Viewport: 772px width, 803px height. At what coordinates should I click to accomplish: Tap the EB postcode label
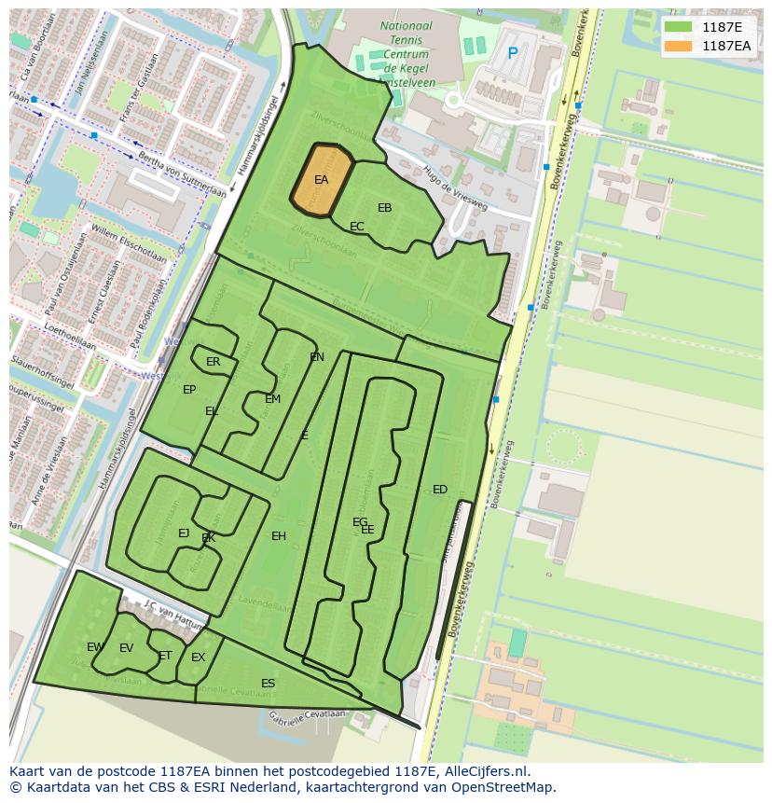tap(384, 208)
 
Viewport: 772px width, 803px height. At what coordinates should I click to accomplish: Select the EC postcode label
tap(356, 227)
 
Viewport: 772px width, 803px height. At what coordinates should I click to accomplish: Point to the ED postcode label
tap(440, 490)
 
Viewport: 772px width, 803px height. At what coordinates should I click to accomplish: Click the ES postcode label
tap(268, 684)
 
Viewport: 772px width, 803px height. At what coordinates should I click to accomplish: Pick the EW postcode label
tap(94, 647)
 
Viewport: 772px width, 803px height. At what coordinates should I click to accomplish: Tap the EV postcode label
tap(127, 648)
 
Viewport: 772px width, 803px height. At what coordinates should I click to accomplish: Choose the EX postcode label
tap(198, 658)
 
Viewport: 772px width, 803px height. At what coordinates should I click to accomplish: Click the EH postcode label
tap(279, 536)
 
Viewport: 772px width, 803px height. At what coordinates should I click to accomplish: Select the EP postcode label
tap(189, 390)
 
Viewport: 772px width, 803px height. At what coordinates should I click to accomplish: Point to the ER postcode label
tap(214, 362)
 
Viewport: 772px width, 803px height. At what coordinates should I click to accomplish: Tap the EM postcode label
tap(272, 399)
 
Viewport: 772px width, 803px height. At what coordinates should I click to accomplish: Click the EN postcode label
tap(317, 357)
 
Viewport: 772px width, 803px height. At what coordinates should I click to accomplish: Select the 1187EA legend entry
tap(725, 45)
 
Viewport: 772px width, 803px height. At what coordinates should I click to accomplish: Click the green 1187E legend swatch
tap(678, 26)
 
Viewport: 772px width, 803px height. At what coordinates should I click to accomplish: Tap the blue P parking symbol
tap(512, 54)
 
